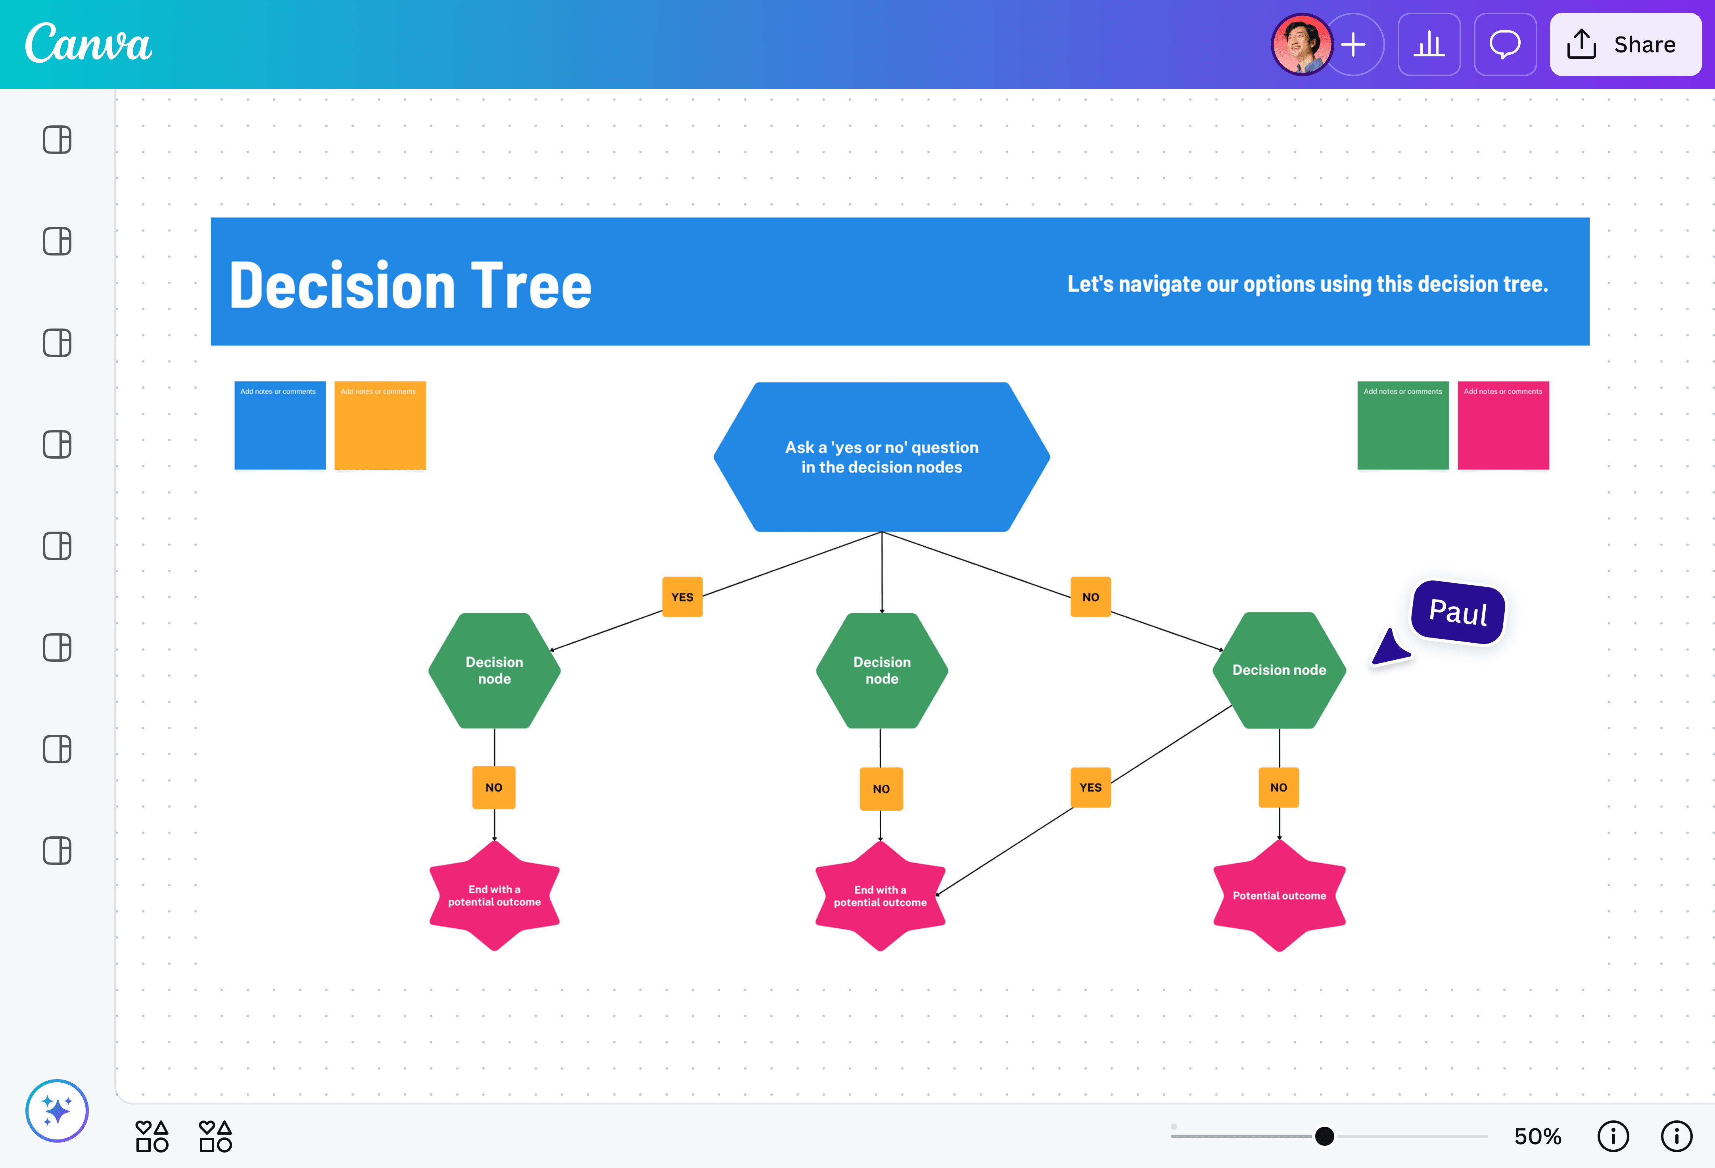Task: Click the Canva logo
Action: (x=88, y=44)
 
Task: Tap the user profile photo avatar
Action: (x=1301, y=44)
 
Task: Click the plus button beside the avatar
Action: (x=1354, y=44)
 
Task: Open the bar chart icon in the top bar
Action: (x=1429, y=44)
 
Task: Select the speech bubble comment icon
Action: (x=1505, y=44)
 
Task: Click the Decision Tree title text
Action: (x=410, y=286)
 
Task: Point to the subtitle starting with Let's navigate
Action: (x=1307, y=284)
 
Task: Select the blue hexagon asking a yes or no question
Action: (x=881, y=457)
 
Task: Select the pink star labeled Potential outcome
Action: (x=1279, y=895)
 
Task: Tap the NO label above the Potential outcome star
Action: (x=1279, y=787)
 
